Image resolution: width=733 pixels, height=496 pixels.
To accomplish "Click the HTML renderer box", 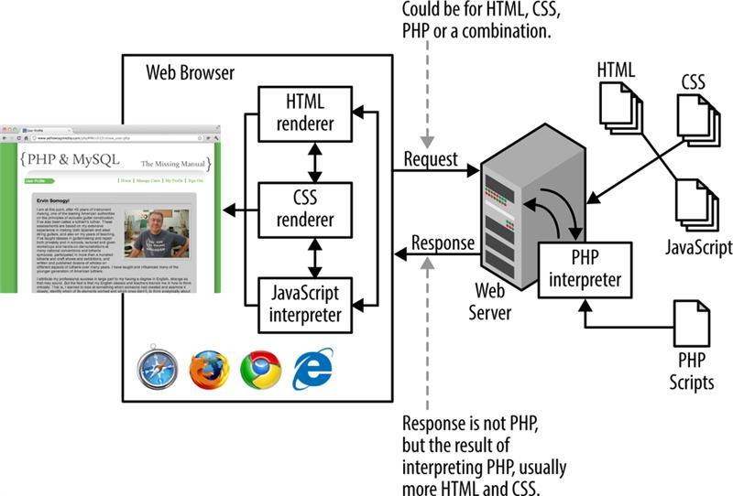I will pos(306,113).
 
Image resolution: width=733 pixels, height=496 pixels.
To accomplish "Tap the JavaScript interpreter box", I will pos(306,303).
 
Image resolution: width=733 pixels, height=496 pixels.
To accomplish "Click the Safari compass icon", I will pos(157,370).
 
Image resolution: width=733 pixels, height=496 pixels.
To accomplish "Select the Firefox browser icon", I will pos(209,370).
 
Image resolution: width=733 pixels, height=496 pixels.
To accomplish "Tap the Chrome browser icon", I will pos(260,370).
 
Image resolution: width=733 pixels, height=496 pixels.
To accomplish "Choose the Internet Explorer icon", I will pos(312,370).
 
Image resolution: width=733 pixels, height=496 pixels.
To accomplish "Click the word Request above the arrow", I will pos(431,159).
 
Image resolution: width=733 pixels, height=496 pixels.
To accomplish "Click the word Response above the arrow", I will pos(443,243).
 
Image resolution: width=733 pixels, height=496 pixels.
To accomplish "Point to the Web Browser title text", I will pos(191,72).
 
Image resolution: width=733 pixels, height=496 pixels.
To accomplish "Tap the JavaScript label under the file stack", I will pos(699,247).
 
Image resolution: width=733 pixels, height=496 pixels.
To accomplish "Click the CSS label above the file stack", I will pos(693,83).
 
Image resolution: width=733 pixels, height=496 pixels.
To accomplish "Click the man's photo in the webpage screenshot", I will pos(157,233).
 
